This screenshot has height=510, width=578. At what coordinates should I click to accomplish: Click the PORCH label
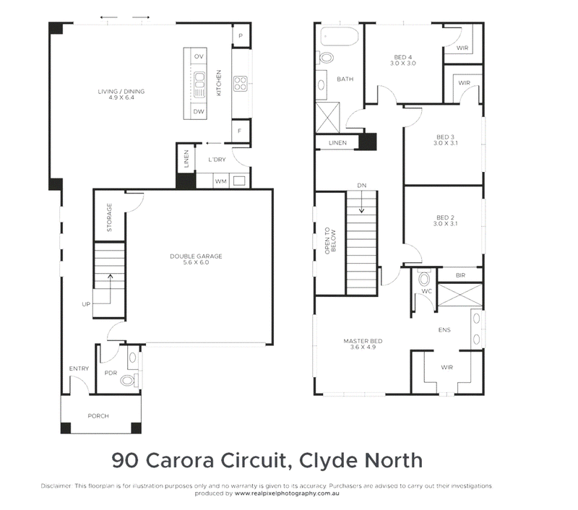pos(98,416)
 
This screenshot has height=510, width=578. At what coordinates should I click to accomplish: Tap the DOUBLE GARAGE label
pos(196,256)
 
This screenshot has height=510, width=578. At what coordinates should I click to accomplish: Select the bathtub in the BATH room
pos(339,36)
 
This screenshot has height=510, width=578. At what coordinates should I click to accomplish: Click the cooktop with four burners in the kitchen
pos(241,84)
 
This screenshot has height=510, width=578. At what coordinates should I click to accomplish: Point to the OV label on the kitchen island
pos(199,56)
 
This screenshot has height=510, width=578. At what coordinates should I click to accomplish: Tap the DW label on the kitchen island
pos(199,112)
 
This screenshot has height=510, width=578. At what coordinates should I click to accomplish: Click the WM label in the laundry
pos(221,181)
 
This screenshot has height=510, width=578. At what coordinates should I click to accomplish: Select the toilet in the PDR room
pos(129,380)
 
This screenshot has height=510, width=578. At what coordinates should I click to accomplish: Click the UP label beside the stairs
pos(86,304)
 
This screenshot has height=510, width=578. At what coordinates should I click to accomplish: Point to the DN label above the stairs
pos(362,186)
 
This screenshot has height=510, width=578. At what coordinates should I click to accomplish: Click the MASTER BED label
pos(363,341)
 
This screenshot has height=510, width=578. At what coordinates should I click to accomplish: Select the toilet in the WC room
pos(424,278)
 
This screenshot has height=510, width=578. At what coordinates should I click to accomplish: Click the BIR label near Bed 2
pos(460,275)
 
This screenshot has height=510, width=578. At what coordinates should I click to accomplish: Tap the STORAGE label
pos(109,217)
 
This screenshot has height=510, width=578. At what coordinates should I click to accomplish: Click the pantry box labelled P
pos(241,35)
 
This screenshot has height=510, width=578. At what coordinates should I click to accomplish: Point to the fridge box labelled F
pos(240,131)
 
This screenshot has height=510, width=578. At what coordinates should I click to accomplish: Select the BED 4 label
pos(403,57)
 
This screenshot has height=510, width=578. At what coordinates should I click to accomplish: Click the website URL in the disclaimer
pos(287,493)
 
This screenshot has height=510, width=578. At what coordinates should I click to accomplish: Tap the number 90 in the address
pos(125,461)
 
